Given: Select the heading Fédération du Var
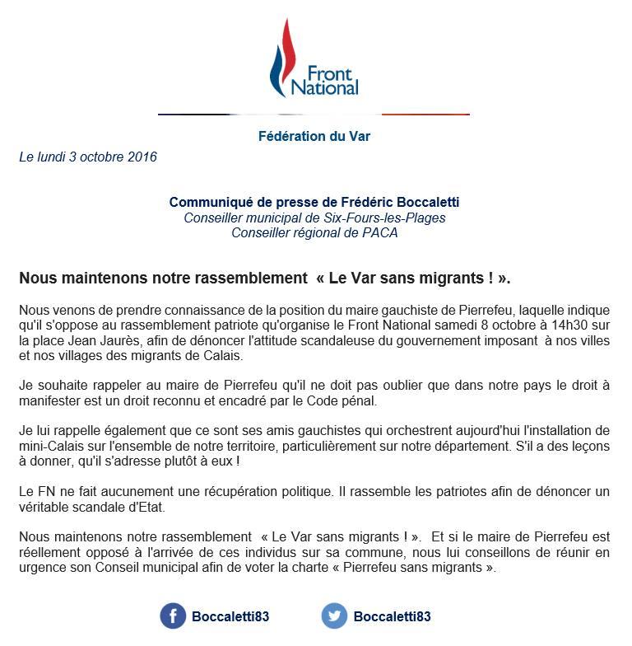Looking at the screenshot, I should (x=314, y=136).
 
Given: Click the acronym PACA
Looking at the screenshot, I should (x=382, y=232).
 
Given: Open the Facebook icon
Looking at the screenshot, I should (x=173, y=616).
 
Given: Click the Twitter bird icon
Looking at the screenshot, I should (x=334, y=616).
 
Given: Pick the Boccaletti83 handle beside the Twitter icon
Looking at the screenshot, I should (x=392, y=616).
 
